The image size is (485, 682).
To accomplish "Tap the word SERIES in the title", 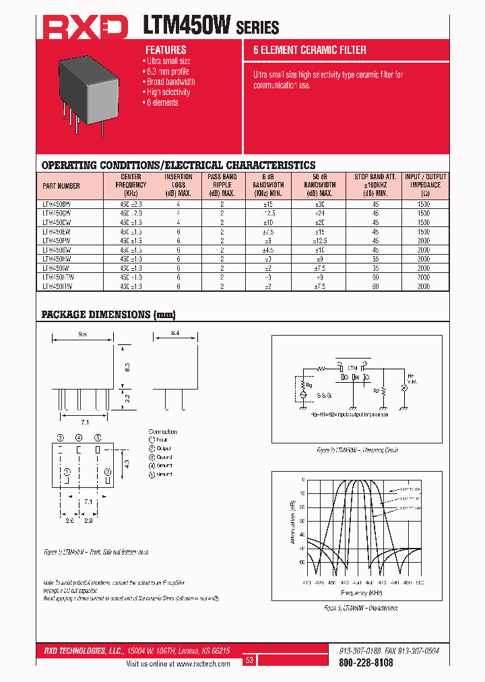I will [257, 28].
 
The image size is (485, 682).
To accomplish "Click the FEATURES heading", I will [166, 50].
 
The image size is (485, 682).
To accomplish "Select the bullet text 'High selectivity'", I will [168, 92].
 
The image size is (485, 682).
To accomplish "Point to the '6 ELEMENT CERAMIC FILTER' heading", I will [309, 50].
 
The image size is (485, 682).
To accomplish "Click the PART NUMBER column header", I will [61, 186].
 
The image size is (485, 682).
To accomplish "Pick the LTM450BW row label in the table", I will [57, 203].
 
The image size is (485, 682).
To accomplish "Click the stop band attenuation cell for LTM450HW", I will [375, 259].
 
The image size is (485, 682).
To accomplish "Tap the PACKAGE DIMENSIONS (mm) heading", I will [108, 315].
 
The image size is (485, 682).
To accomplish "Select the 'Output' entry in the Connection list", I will [163, 448].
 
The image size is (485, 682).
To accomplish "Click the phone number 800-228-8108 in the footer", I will [365, 663].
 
